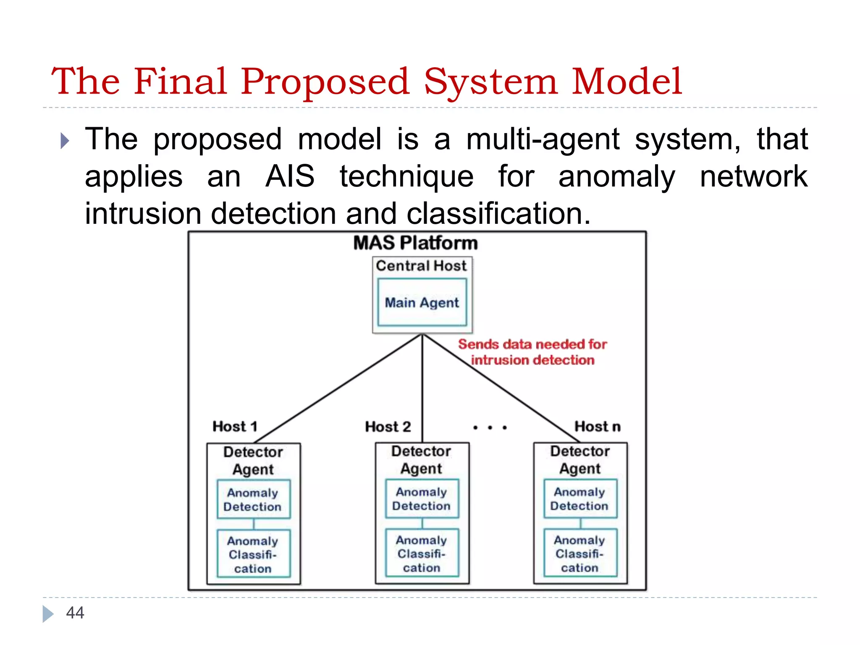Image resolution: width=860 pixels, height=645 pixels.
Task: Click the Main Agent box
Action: point(422,302)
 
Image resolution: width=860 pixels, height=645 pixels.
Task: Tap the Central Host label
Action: point(421,266)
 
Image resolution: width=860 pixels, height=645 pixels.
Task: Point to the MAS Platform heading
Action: point(415,243)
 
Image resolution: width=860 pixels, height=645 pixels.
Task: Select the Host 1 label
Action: point(235,427)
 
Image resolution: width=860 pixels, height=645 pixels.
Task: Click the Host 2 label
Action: point(388,427)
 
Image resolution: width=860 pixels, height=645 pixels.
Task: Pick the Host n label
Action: point(597,427)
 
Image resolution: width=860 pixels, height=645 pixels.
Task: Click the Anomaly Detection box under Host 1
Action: point(253,499)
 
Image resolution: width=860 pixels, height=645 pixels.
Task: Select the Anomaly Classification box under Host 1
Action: point(253,554)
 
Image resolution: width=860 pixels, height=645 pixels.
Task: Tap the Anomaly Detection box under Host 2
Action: point(422,498)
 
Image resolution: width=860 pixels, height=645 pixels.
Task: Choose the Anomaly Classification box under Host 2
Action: point(422,553)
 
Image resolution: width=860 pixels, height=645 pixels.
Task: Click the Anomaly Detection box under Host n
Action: point(580,498)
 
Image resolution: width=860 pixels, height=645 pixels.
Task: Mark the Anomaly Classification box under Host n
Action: point(580,553)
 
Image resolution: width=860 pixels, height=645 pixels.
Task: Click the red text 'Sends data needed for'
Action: point(532,344)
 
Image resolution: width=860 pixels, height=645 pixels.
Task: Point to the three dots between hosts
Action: point(490,427)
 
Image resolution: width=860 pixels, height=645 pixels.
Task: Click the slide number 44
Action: point(75,613)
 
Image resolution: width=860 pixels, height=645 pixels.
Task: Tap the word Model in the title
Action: point(627,81)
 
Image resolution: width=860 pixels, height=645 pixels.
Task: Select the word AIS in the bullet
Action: point(290,176)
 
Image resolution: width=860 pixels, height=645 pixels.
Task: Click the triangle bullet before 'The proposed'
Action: point(65,141)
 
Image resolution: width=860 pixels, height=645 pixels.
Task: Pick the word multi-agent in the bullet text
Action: point(543,139)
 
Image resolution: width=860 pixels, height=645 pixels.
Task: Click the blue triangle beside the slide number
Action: point(48,614)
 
